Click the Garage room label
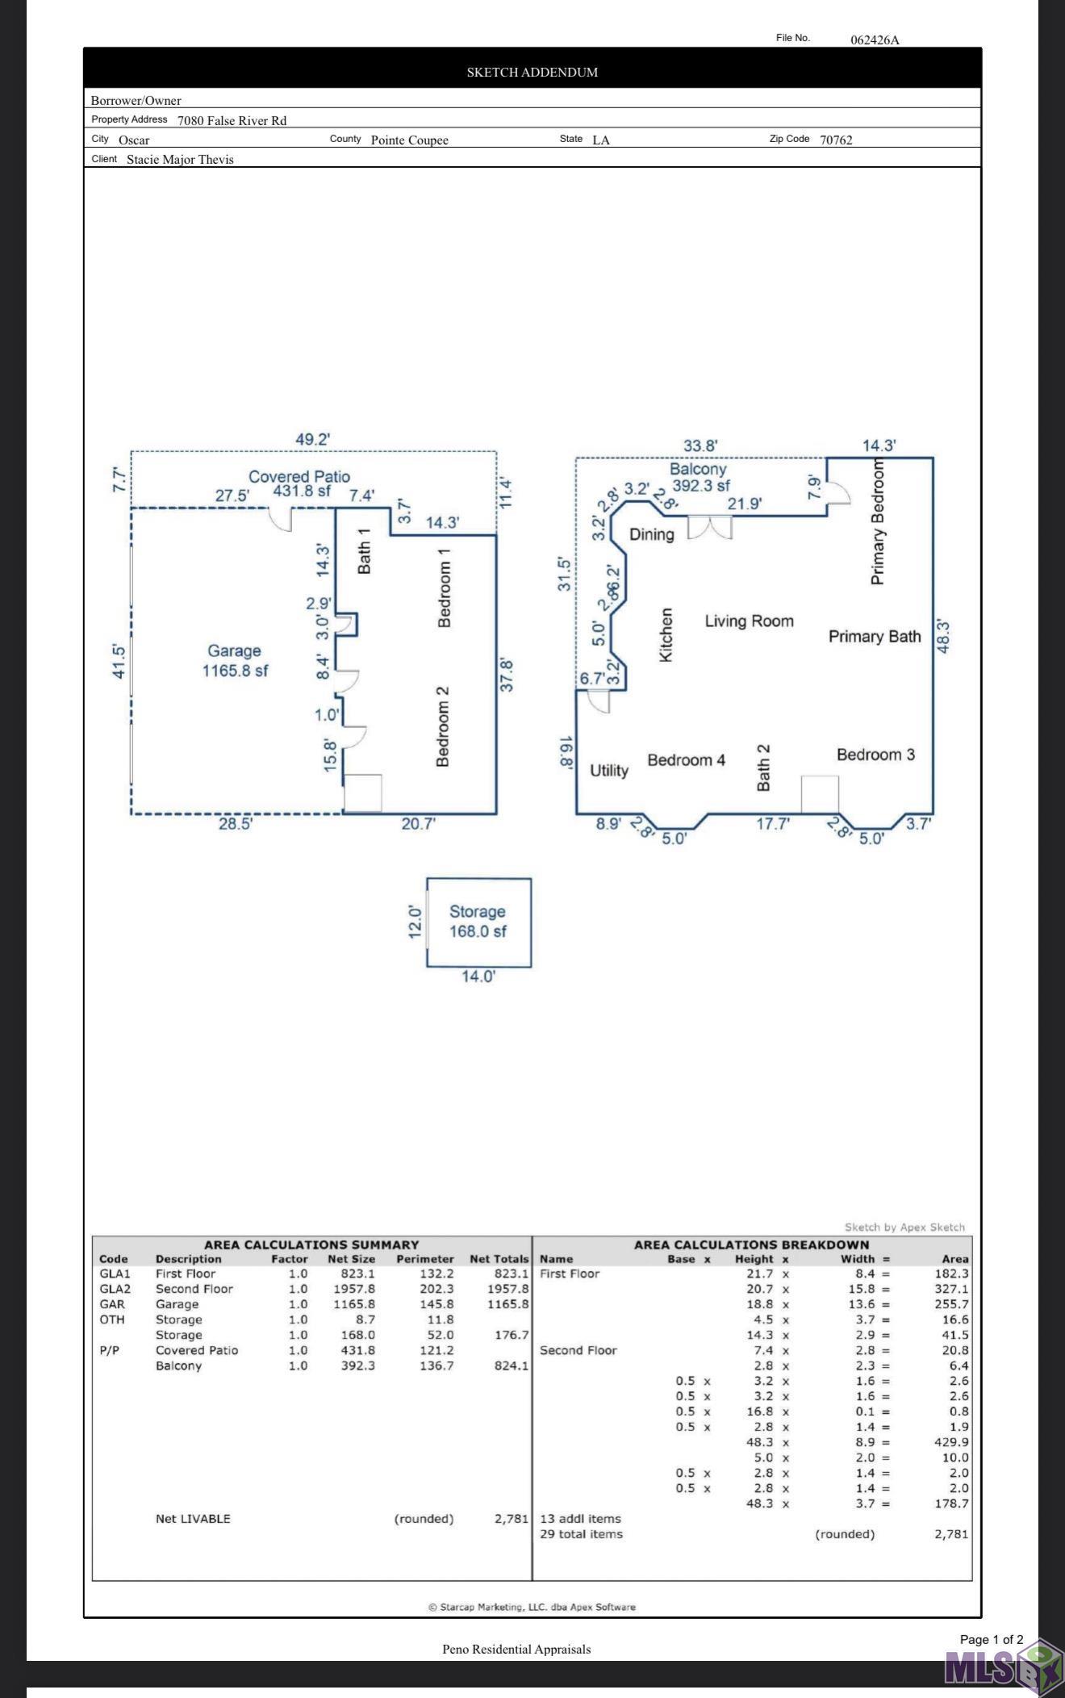234,650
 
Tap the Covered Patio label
299,476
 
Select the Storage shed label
477,911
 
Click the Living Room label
749,621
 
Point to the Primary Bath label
875,636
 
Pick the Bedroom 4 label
686,759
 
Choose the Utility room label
608,770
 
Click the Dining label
651,534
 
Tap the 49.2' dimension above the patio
312,439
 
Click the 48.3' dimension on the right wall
942,636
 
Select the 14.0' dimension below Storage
478,977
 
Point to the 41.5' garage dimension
119,660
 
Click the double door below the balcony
710,528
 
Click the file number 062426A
875,40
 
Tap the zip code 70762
836,140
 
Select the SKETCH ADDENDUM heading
532,72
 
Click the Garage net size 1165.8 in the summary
354,1304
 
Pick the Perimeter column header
425,1259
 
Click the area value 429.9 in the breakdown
951,1442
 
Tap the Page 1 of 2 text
992,1639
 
